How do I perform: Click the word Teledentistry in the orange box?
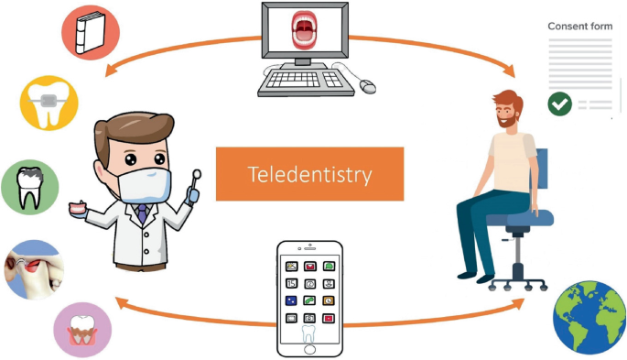click(309, 174)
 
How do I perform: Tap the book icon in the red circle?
click(89, 32)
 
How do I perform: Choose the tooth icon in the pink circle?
click(81, 330)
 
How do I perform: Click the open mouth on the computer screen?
click(305, 31)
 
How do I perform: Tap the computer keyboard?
click(305, 82)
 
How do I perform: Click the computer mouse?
click(367, 86)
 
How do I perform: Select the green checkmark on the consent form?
click(559, 104)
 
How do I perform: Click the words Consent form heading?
click(579, 27)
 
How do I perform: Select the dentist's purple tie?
click(142, 215)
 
